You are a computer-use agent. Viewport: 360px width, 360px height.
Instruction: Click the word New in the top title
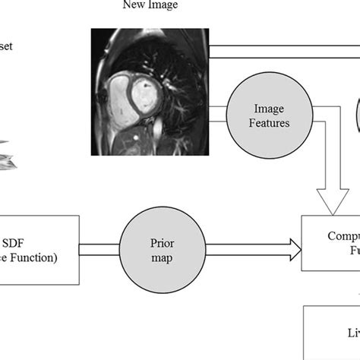[133, 6]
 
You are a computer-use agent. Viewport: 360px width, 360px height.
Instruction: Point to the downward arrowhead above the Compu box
[330, 201]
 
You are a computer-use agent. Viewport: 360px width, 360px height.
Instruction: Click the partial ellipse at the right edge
[357, 114]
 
